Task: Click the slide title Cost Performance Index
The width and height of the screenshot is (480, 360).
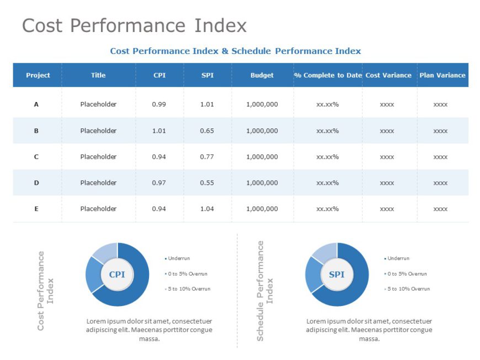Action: [134, 26]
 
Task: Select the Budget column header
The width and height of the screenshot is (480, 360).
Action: [262, 76]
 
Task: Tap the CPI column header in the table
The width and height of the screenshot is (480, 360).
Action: [159, 76]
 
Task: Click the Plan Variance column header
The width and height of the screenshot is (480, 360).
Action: [442, 76]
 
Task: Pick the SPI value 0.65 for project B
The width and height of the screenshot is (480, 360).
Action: [207, 131]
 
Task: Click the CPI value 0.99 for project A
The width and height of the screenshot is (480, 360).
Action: [159, 105]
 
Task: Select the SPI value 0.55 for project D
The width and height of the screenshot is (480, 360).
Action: [207, 183]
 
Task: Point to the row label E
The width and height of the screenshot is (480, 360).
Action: [36, 209]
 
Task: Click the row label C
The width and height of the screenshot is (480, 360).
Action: [36, 157]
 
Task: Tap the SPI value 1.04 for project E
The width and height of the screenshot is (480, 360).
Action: [207, 209]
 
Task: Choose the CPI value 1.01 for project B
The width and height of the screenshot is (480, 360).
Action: [159, 131]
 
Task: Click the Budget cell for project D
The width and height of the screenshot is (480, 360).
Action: [262, 183]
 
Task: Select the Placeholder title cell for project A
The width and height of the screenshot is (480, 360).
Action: [98, 105]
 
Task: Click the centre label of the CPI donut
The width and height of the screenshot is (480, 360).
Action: [117, 275]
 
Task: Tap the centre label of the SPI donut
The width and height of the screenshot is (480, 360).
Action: [337, 275]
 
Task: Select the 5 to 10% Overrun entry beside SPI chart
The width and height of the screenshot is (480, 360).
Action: [408, 289]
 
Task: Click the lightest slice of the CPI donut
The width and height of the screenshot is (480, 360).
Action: [104, 251]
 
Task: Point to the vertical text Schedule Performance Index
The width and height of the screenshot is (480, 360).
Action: [265, 291]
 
